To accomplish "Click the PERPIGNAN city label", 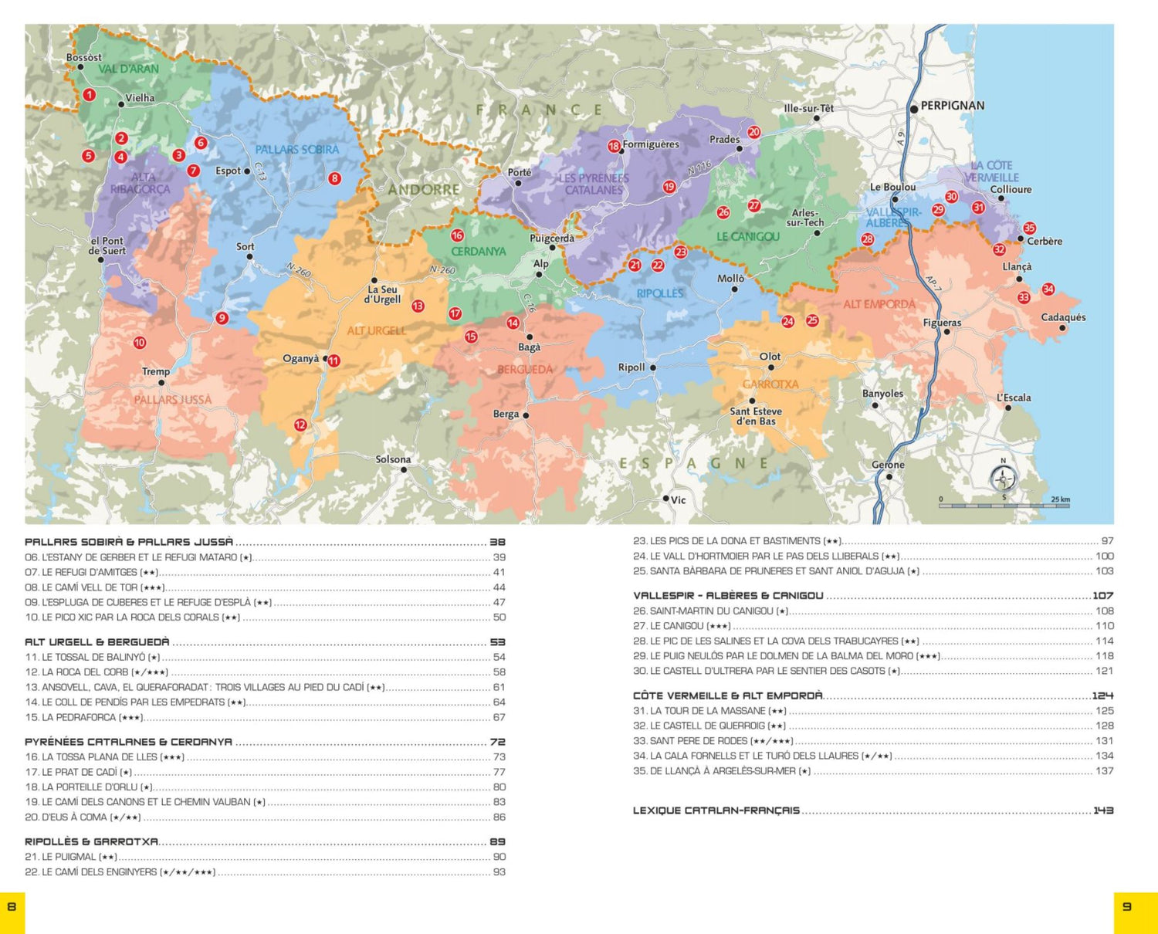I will pos(952,106).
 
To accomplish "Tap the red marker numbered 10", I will pos(140,343).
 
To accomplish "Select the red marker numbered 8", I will pos(334,178).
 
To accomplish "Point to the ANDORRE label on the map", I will pos(424,189).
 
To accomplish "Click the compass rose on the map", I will pos(1003,479).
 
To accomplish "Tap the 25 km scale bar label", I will pos(1060,499).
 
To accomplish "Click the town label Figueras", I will pos(942,323).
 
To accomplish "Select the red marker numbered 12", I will pos(300,425).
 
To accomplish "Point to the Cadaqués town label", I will pos(1063,317).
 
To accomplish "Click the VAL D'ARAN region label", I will pos(128,69).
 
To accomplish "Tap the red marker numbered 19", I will pos(669,186).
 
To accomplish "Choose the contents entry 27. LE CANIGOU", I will pos(682,626).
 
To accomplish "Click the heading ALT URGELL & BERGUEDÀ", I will pos(97,642).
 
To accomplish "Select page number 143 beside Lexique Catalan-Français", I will pos(1103,810).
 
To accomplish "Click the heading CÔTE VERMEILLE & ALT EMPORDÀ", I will pos(728,695).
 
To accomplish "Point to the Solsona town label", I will pos(393,459).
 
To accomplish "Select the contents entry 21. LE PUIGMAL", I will pos(71,857).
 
